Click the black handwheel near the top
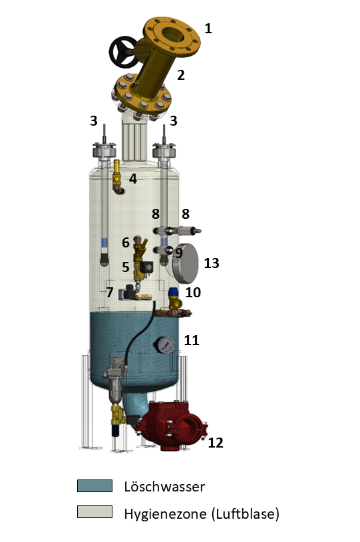click(x=122, y=52)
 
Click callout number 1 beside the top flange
click(x=208, y=29)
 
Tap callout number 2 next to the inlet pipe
click(x=180, y=75)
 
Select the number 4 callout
click(x=133, y=179)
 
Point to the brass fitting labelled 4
click(x=118, y=177)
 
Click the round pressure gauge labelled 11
click(x=164, y=345)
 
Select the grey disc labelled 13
click(x=186, y=263)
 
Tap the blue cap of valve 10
click(x=173, y=293)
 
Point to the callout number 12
click(x=216, y=443)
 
